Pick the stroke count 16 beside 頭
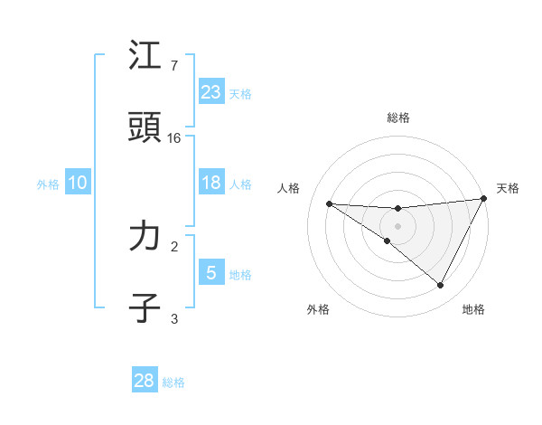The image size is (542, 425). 174,137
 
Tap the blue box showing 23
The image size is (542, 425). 211,92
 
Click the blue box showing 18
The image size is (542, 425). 211,183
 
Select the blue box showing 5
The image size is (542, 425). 211,273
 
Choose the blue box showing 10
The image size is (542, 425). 78,183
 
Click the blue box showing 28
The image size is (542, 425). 145,381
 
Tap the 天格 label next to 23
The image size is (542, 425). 240,94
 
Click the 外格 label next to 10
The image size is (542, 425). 48,184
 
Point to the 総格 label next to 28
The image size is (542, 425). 173,382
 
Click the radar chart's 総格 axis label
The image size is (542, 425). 398,118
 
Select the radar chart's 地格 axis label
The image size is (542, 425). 473,309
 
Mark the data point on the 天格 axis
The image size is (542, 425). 483,199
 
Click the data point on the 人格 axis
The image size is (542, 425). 329,203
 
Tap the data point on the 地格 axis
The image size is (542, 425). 441,285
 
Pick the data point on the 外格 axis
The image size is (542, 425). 388,241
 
